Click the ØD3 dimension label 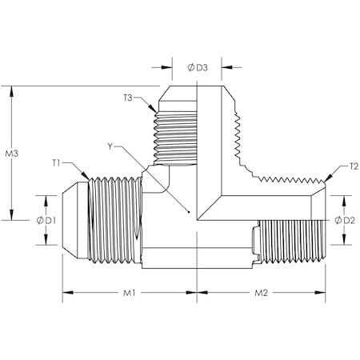[x=198, y=67]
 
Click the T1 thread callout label [x=57, y=162]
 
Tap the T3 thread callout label [x=129, y=98]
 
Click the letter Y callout [x=110, y=146]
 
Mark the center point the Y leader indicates [x=188, y=213]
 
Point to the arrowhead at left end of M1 [x=67, y=293]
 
